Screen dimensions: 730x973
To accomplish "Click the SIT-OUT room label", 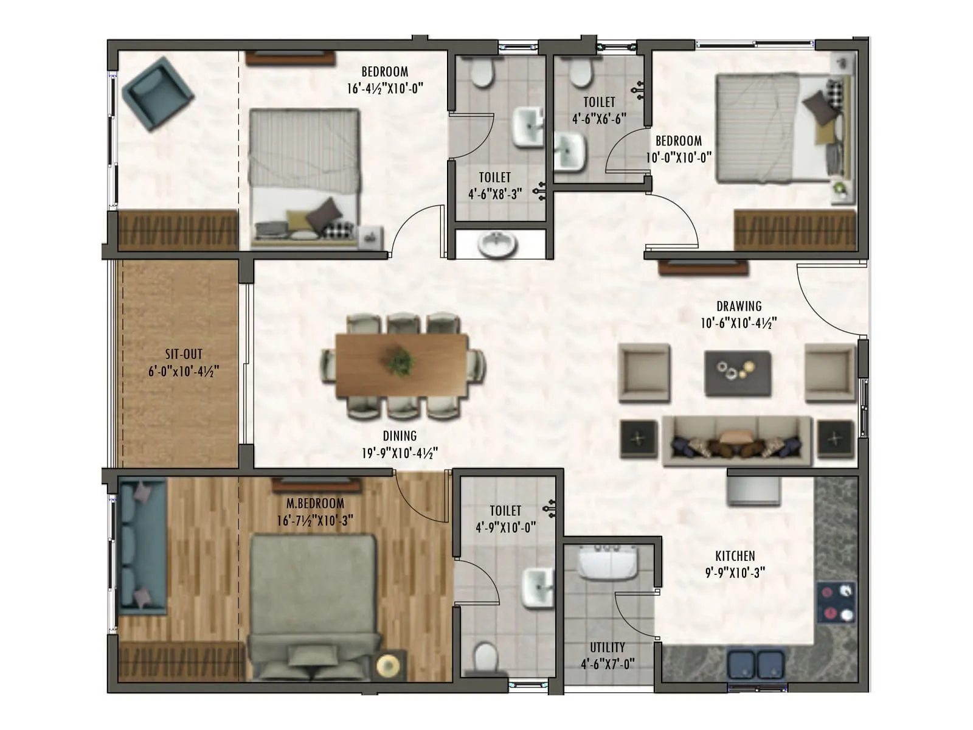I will [x=184, y=354].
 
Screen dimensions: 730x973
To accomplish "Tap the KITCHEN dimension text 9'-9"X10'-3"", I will [x=735, y=572].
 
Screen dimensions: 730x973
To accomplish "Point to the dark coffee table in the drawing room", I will [x=738, y=373].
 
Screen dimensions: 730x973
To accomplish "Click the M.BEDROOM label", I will [x=315, y=504].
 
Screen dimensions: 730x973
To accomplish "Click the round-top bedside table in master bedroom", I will [x=389, y=666].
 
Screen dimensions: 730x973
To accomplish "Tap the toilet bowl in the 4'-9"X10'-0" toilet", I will [x=486, y=657].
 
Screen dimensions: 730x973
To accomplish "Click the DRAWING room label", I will [x=738, y=306].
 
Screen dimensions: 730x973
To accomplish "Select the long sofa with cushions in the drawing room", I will [x=736, y=441].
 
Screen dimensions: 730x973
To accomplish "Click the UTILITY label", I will [x=607, y=647].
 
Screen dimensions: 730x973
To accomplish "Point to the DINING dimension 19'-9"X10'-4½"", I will [x=400, y=453].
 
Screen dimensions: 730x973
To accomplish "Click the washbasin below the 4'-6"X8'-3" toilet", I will [x=497, y=245].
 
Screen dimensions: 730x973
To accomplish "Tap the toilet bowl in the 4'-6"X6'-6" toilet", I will [x=580, y=72].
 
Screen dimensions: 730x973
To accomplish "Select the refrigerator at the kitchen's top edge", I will [x=753, y=490].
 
